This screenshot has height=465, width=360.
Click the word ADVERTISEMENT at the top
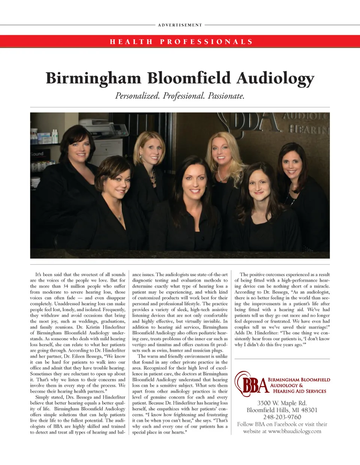tap(180, 25)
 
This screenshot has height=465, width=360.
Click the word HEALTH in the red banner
tap(131, 42)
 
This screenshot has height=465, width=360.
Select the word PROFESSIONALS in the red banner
tap(206, 42)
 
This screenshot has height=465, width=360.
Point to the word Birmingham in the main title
tap(93, 78)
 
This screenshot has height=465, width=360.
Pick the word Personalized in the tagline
tap(137, 96)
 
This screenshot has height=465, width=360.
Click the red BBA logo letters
tap(253, 385)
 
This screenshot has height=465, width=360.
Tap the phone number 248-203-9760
tap(282, 417)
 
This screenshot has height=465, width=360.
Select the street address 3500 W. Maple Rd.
tap(282, 403)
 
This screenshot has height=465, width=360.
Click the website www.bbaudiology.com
tap(295, 431)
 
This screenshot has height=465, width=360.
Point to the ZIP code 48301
tap(309, 410)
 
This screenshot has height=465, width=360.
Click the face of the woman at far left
tap(79, 149)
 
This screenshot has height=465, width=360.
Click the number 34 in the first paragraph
tap(66, 286)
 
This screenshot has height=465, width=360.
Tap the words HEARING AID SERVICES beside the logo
tap(300, 391)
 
